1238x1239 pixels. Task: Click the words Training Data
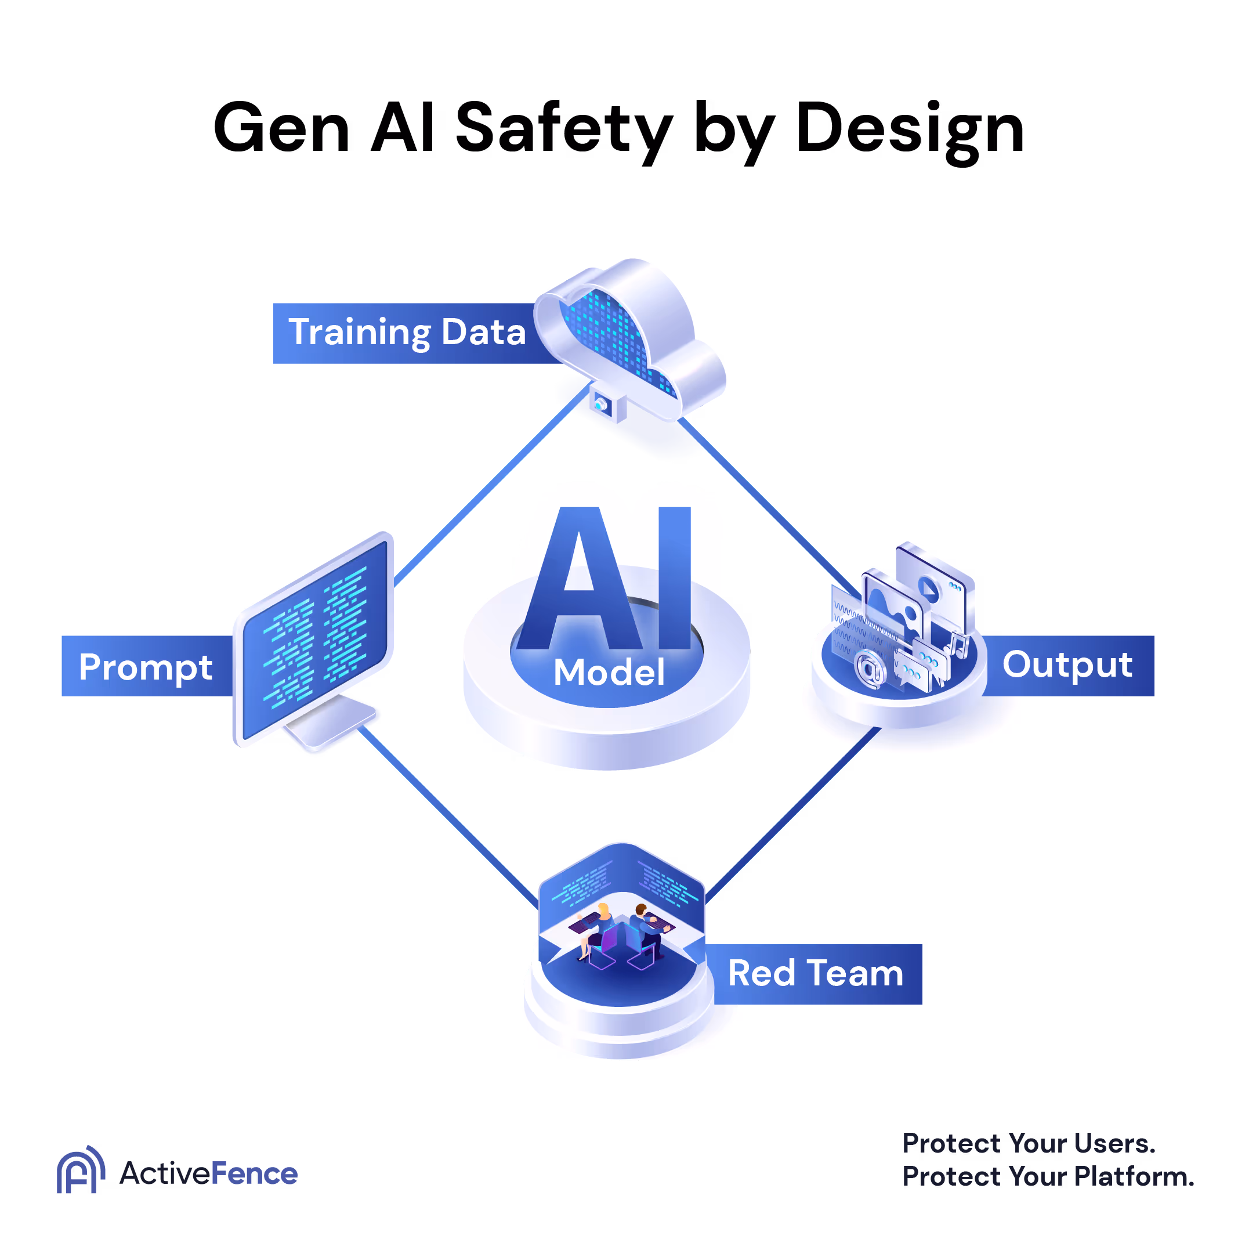(x=407, y=332)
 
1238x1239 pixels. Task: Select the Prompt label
(x=146, y=667)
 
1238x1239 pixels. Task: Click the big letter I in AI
(x=675, y=577)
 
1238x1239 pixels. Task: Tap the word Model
(x=609, y=673)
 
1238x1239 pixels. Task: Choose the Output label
(x=1067, y=664)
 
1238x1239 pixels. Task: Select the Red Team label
(x=815, y=974)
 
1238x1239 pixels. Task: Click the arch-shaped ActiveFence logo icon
(x=79, y=1171)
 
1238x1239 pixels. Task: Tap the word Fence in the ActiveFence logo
(x=254, y=1175)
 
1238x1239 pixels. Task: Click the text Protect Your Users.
(x=1029, y=1143)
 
